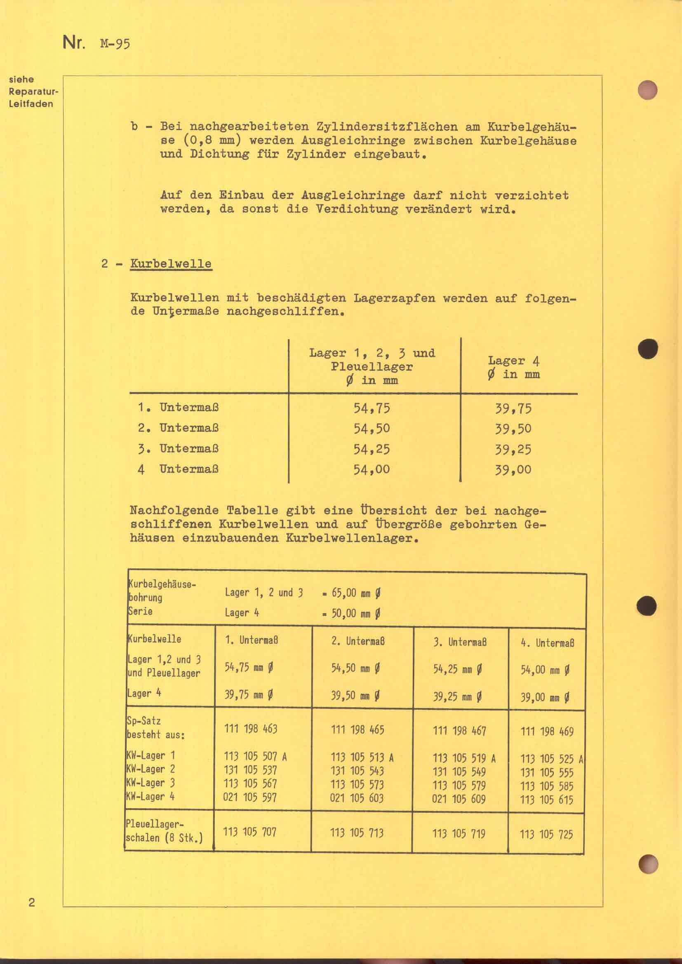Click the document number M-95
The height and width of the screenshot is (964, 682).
coord(115,44)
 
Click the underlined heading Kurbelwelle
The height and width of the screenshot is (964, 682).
coord(171,264)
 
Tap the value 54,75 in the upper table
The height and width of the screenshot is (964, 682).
coord(372,408)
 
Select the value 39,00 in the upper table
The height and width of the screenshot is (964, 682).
coord(513,469)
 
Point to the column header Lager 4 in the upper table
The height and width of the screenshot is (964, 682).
coord(514,367)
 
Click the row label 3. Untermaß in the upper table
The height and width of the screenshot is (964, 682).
coord(179,449)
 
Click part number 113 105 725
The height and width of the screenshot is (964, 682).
coord(546,834)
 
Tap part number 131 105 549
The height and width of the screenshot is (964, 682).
coord(459,772)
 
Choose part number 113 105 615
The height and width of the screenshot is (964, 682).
coord(546,800)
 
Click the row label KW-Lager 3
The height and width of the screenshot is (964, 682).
coord(151,783)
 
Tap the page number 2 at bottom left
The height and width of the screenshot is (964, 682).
coord(31,903)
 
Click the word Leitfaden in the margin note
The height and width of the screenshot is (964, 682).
coord(31,104)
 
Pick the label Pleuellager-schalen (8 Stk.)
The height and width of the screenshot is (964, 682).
coord(164,831)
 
